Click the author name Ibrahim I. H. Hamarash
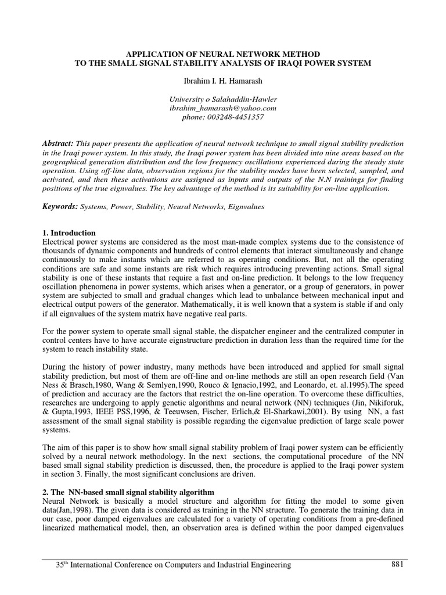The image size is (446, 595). tap(223, 78)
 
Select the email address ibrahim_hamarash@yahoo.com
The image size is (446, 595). tap(223, 108)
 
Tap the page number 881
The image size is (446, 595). tap(399, 564)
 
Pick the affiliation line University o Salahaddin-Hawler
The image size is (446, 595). tap(223, 99)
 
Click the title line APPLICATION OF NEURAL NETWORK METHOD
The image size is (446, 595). tap(223, 53)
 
